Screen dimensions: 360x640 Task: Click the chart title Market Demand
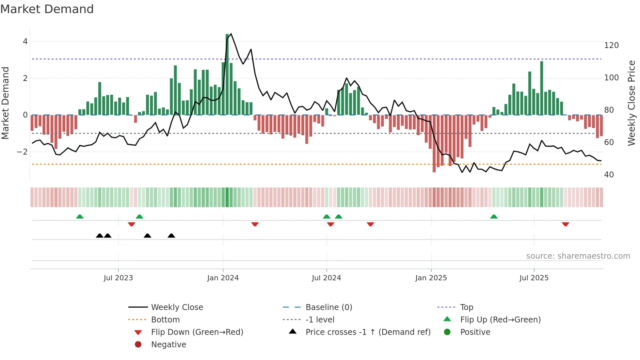click(47, 9)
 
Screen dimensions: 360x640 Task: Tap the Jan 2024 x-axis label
click(223, 278)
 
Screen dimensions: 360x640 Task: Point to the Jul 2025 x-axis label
click(534, 278)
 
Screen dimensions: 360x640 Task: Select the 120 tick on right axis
click(611, 45)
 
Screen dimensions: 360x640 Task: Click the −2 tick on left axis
click(22, 152)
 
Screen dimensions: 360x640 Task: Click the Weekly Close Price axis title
click(632, 103)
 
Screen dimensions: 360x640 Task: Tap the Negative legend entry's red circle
click(138, 345)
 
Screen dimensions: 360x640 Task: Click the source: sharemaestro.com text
click(578, 256)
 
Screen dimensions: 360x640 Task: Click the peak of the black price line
click(231, 34)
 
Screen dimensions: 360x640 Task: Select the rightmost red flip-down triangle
click(566, 224)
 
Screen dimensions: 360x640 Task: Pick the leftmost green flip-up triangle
click(80, 217)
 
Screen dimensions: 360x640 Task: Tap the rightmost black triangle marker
click(171, 236)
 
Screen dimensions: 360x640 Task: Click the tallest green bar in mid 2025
click(542, 88)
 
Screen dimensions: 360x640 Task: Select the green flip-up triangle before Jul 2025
click(494, 217)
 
